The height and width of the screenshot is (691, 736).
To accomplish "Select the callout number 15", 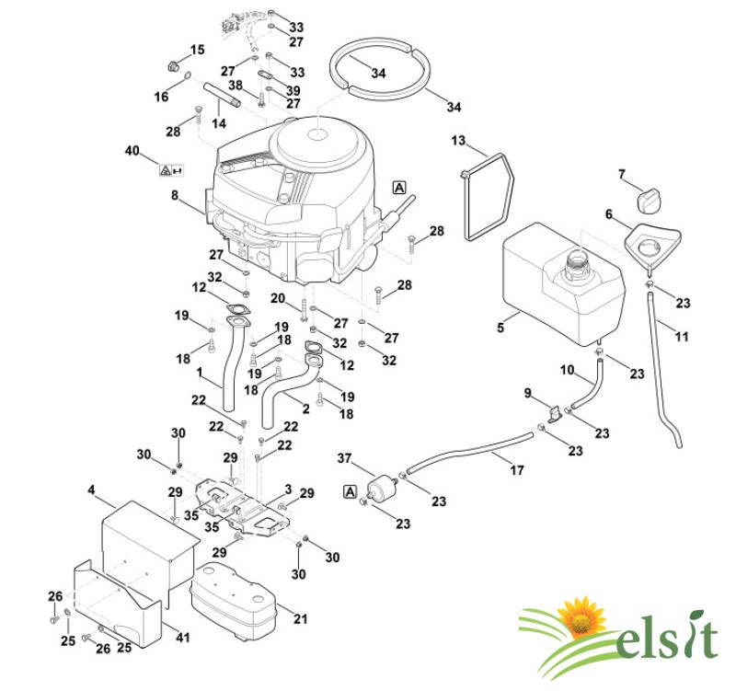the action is click(x=197, y=50).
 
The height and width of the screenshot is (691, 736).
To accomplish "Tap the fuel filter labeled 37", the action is click(x=383, y=488).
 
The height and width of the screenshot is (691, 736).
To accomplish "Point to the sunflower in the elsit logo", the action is click(x=582, y=618).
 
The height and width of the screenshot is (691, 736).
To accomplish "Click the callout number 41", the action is click(x=182, y=638).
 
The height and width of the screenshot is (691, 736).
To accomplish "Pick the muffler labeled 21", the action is click(x=233, y=602).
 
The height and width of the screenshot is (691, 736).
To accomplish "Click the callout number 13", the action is click(x=458, y=140).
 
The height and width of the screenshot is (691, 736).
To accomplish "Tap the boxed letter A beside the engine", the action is click(x=399, y=188).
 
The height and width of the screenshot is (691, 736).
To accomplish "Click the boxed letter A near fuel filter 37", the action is click(x=351, y=492).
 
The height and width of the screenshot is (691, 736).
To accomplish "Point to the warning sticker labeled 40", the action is click(x=171, y=170).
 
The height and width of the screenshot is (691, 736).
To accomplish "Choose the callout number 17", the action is click(x=516, y=470).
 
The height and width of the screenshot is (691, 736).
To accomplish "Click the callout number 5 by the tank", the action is click(x=500, y=328).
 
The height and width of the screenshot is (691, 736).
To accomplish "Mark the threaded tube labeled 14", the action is click(x=223, y=95).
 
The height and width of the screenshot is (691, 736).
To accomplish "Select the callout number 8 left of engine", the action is click(x=175, y=195).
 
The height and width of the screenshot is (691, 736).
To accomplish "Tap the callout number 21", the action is click(x=301, y=618).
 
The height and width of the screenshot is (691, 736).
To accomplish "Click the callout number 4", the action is click(x=91, y=490).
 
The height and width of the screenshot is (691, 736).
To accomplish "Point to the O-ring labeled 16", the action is click(x=188, y=75).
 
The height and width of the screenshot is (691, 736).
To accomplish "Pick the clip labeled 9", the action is click(x=555, y=414).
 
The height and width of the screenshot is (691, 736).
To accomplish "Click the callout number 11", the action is click(x=681, y=336).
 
